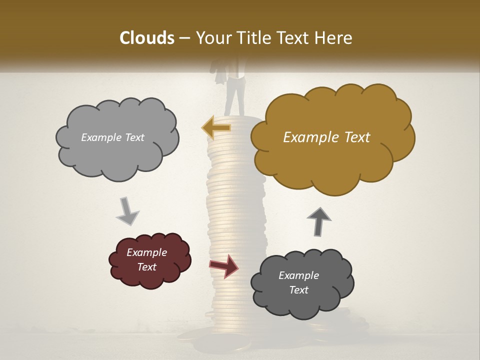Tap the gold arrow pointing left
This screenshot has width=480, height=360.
[216, 127]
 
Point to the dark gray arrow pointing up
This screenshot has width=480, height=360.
[319, 221]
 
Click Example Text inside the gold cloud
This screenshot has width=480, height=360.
[326, 137]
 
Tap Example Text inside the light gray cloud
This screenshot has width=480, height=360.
[112, 137]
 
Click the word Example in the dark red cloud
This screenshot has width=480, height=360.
[146, 252]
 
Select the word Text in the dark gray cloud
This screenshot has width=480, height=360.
[299, 290]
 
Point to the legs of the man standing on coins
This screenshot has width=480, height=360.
[234, 97]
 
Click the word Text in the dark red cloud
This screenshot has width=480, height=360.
[147, 267]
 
